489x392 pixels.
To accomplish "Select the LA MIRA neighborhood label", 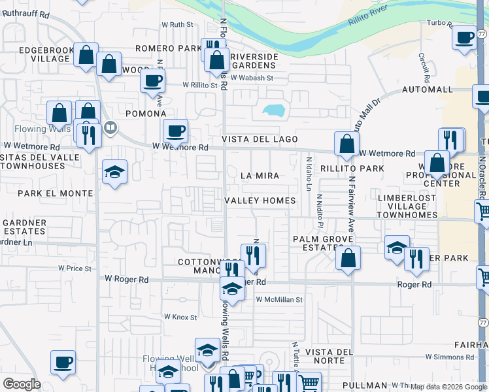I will tap(260, 176).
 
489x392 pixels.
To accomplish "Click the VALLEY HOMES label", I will tap(260, 201).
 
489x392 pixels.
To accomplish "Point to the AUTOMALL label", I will tap(427, 89).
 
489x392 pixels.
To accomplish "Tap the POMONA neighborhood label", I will tap(146, 114).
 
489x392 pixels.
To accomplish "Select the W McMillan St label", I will tap(279, 300).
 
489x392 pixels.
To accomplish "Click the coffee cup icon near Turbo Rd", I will tap(464, 37).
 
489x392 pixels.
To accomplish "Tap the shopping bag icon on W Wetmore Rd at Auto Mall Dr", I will tap(346, 143).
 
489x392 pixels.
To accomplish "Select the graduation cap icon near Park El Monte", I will tap(115, 172).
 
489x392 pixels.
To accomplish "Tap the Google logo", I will tap(22, 384).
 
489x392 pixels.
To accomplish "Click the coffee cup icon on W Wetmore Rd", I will tap(175, 131).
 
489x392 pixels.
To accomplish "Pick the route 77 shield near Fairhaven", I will tap(482, 323).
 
